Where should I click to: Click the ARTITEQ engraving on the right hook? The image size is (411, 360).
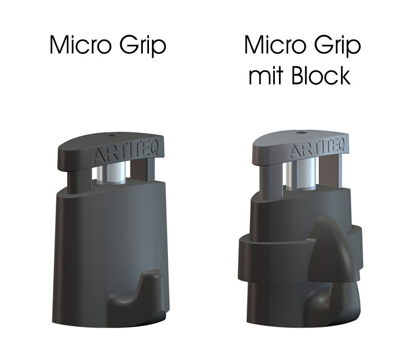[316, 150]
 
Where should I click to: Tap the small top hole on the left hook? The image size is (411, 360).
[111, 136]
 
